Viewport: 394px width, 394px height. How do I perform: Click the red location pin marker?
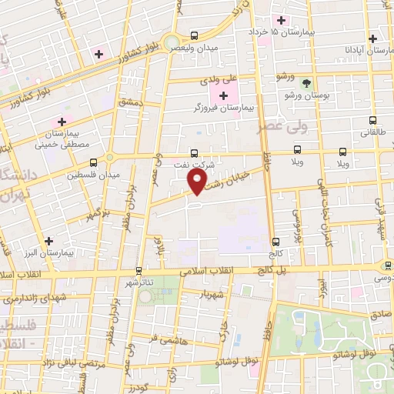click(x=197, y=181)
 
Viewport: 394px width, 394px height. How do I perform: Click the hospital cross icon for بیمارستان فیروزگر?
click(x=223, y=95)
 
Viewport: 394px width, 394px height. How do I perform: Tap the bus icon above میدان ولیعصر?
click(x=193, y=35)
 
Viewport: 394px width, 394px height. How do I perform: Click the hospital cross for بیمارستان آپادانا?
click(x=372, y=38)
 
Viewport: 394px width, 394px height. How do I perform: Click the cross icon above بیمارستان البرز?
click(x=49, y=240)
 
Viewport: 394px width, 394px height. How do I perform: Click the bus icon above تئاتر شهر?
click(x=139, y=271)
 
